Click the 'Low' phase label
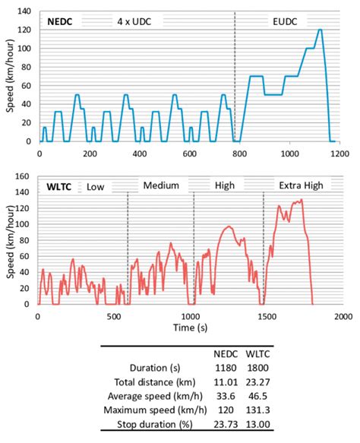pyautogui.click(x=94, y=186)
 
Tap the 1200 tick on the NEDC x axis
pyautogui.click(x=339, y=153)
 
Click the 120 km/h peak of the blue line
pyautogui.click(x=320, y=30)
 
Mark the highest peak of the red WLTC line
pyautogui.click(x=302, y=200)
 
